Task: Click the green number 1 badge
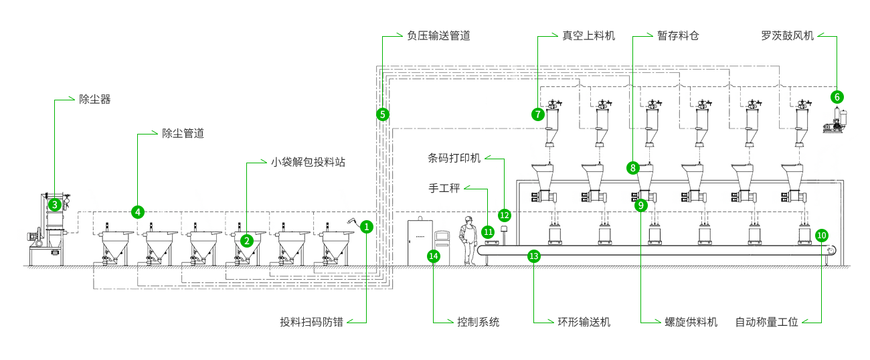(x=366, y=226)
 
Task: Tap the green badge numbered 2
(x=247, y=240)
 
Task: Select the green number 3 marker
(x=54, y=205)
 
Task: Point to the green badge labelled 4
(x=137, y=211)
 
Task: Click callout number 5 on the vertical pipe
(x=382, y=114)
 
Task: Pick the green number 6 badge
(x=837, y=97)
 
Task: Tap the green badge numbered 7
(x=537, y=114)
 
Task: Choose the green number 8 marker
(x=632, y=167)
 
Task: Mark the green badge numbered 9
(x=640, y=205)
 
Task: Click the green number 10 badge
(x=822, y=235)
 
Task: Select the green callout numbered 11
(x=488, y=232)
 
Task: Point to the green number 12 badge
(x=505, y=215)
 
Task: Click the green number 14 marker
(x=433, y=255)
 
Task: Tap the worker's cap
(x=468, y=219)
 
